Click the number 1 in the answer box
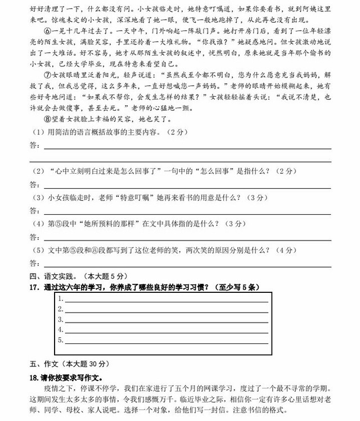(60, 299)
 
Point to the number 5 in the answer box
(60, 339)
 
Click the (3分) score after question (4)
(233, 223)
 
